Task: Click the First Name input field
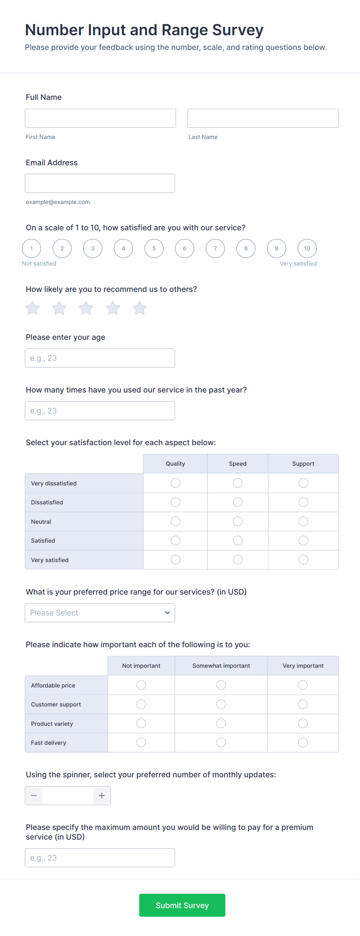100,118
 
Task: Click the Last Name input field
263,118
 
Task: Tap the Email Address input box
100,183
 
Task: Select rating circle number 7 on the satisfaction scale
215,249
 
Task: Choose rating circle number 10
307,249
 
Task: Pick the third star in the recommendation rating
86,308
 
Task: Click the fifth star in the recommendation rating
139,308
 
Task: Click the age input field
100,358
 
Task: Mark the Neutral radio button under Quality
175,521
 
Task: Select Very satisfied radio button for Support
303,560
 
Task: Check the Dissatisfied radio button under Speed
238,502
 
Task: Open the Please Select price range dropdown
100,613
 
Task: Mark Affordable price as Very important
303,685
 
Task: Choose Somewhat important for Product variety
221,723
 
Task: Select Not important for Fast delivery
141,742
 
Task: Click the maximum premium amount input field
100,858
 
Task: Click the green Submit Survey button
182,905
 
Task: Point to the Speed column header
238,464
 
